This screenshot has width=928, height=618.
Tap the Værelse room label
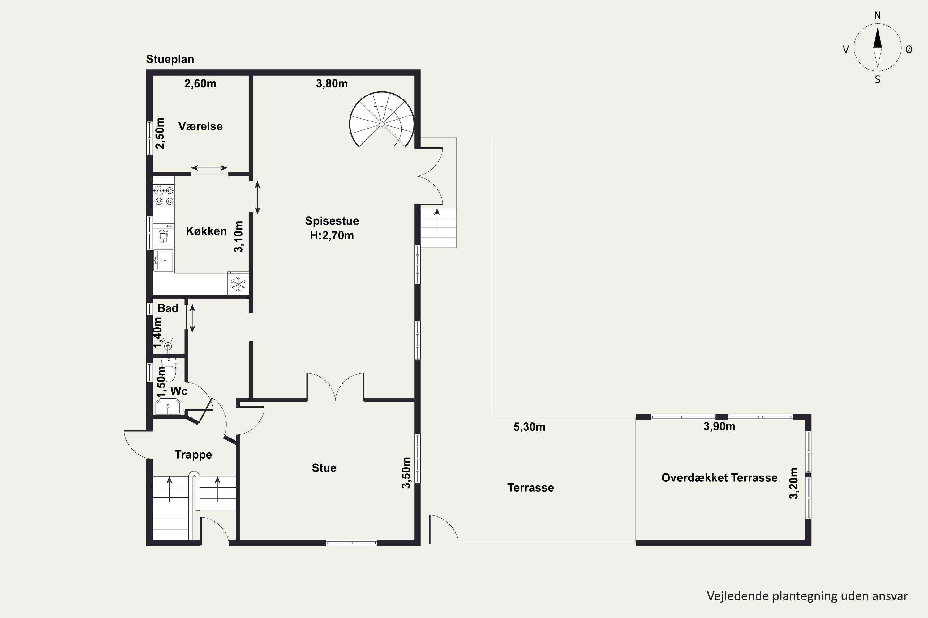pyautogui.click(x=200, y=126)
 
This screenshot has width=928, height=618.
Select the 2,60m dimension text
pyautogui.click(x=200, y=83)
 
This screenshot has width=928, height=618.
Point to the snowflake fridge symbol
pyautogui.click(x=238, y=284)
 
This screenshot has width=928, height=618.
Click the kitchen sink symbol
pyautogui.click(x=163, y=260)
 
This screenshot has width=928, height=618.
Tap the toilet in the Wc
pyautogui.click(x=169, y=369)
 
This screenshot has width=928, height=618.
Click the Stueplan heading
pyautogui.click(x=170, y=59)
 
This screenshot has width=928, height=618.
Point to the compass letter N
pyautogui.click(x=878, y=16)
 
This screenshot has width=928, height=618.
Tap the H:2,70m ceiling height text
pyautogui.click(x=332, y=236)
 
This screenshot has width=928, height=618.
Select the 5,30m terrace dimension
pyautogui.click(x=530, y=427)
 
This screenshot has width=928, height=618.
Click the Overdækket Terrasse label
pyautogui.click(x=719, y=478)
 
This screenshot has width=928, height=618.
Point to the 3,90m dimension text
pyautogui.click(x=719, y=426)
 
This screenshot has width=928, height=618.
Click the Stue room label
pyautogui.click(x=324, y=468)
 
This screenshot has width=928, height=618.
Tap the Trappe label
pyautogui.click(x=193, y=455)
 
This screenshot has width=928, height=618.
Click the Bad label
pyautogui.click(x=168, y=308)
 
